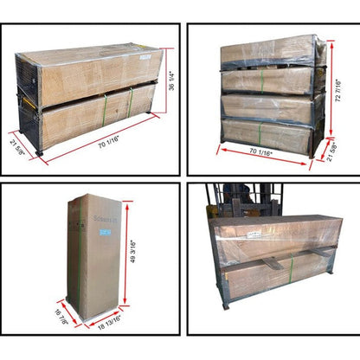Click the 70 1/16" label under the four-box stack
pos(248,153)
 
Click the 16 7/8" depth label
pos(62,317)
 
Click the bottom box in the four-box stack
pos(267,136)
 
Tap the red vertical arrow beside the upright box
pos(126,256)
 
